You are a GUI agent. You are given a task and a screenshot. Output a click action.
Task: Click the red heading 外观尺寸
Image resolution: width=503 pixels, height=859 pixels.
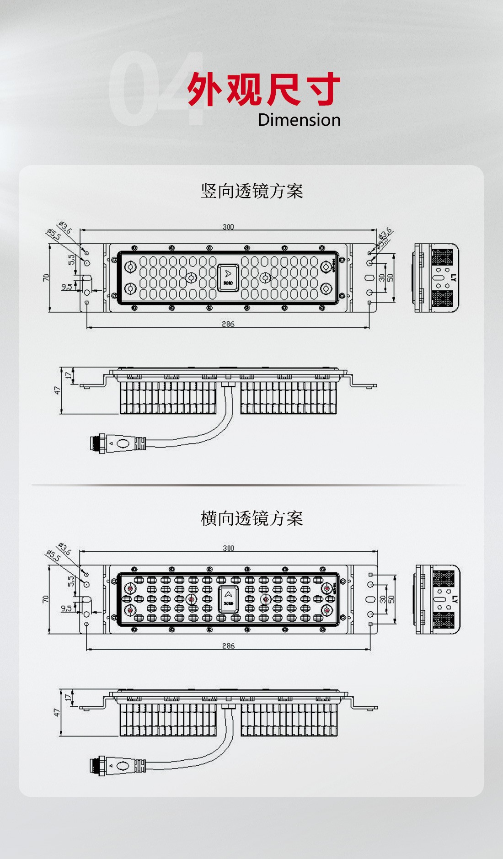(x=264, y=89)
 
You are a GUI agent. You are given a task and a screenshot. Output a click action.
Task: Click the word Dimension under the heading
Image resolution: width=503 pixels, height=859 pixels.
(x=299, y=120)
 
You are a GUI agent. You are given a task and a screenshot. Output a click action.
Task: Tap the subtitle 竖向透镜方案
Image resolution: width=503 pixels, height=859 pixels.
(x=251, y=191)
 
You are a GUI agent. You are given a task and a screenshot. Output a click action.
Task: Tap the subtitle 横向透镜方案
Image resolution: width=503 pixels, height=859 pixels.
(x=251, y=518)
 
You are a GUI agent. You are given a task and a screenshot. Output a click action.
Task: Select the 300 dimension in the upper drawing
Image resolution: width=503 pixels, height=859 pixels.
(x=228, y=227)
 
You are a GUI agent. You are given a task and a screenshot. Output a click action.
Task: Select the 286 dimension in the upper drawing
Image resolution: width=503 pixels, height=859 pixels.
(x=228, y=324)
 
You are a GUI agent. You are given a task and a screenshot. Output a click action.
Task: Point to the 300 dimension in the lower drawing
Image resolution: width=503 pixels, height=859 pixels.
(x=228, y=548)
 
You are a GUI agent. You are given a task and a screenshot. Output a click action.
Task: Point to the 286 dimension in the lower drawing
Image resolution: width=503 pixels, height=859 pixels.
(x=228, y=646)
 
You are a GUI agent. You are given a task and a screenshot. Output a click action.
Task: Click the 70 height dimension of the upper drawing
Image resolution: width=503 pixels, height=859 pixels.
(x=46, y=277)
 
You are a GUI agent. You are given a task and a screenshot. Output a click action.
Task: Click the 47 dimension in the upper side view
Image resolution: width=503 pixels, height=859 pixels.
(x=57, y=390)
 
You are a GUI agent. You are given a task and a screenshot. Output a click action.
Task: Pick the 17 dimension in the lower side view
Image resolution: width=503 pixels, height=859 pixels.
(x=68, y=697)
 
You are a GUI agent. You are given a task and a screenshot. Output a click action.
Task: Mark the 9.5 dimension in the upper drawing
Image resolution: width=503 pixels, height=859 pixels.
(x=67, y=287)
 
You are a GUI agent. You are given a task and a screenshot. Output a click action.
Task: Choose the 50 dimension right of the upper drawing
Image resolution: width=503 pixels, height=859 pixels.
(x=390, y=277)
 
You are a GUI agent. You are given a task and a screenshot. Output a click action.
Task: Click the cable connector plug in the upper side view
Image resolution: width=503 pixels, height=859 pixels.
(x=118, y=443)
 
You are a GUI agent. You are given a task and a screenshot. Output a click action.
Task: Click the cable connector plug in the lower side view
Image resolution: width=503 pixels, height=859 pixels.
(x=118, y=765)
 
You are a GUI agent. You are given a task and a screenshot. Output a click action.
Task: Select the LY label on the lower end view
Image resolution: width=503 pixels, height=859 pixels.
(x=454, y=599)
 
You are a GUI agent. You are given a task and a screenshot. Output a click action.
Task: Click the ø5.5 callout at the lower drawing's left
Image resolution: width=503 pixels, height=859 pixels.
(x=54, y=556)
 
